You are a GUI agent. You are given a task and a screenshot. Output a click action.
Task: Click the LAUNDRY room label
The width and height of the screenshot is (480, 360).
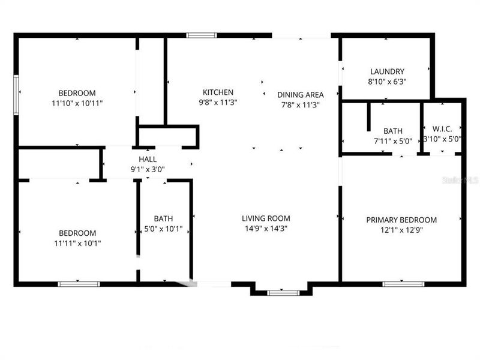click(387, 71)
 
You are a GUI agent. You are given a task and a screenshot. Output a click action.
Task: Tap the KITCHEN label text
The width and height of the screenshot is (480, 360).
click(218, 92)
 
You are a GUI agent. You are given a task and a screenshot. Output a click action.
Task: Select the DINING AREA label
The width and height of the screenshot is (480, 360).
click(300, 94)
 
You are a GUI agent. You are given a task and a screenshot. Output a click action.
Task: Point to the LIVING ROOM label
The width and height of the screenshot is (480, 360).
click(266, 218)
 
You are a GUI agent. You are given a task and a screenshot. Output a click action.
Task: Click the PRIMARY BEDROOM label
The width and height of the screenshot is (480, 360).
click(401, 220)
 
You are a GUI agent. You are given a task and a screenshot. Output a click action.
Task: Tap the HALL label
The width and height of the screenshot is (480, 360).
click(148, 159)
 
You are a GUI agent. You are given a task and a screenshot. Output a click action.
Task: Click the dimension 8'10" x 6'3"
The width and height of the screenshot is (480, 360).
click(387, 82)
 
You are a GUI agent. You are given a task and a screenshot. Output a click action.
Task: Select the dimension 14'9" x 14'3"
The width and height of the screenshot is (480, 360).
click(266, 229)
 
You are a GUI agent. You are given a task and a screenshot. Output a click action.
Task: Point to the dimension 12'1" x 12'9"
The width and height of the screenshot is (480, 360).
click(401, 230)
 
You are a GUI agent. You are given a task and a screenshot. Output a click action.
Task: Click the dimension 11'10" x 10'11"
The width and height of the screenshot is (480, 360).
click(77, 103)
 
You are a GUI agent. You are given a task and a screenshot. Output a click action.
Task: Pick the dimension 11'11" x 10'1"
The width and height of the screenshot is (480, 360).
click(77, 244)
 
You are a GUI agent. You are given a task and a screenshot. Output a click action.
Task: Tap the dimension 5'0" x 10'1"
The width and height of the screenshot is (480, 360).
click(163, 229)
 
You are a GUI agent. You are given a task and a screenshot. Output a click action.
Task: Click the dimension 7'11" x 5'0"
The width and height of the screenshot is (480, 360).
click(392, 141)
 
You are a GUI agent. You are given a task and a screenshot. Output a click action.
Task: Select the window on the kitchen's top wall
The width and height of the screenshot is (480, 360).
click(197, 35)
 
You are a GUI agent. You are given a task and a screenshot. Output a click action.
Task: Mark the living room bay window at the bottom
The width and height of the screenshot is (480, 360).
click(283, 292)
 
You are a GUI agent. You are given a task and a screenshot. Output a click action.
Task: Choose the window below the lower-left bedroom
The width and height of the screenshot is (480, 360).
click(79, 283)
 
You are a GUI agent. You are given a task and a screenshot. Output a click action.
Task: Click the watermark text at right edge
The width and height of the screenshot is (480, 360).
click(466, 179)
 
